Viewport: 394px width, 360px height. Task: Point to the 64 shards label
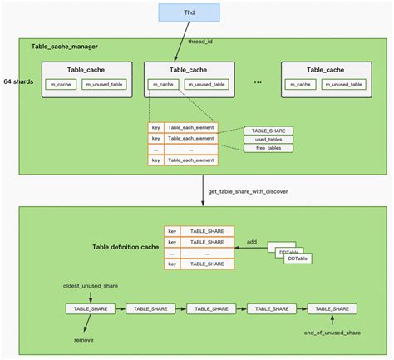click(x=17, y=81)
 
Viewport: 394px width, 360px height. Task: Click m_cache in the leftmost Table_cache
click(x=60, y=85)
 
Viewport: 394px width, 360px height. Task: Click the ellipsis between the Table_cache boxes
click(x=259, y=82)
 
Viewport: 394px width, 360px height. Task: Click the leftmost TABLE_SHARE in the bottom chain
click(x=89, y=308)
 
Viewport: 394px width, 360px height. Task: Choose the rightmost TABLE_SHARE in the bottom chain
click(x=332, y=308)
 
